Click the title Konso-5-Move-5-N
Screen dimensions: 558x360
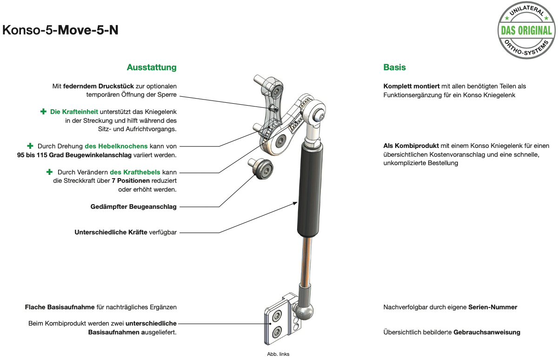60,30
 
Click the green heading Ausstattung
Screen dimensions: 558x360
152,67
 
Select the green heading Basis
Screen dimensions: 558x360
394,67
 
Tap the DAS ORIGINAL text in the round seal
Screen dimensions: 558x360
526,31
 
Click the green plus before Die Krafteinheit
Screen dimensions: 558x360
43,111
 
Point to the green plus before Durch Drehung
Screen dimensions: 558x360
30,146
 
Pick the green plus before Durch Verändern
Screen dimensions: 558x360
50,172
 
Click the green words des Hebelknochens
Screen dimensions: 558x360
116,146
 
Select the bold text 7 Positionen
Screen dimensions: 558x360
131,180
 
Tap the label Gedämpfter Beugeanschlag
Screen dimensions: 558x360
133,207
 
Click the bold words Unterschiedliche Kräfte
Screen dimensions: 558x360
111,232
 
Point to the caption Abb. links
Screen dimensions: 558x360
278,354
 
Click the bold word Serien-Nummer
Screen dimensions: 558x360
493,307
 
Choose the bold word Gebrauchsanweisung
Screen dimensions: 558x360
487,333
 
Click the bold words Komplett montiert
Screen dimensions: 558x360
411,87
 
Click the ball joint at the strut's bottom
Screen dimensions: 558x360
304,312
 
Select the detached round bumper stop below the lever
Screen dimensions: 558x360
261,168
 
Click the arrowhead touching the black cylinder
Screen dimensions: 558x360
295,203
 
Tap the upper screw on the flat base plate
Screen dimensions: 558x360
277,316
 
